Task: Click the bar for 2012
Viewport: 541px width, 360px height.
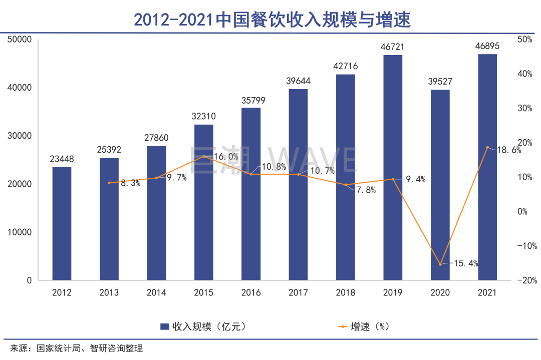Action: click(62, 223)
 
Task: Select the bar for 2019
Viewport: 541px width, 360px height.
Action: click(393, 167)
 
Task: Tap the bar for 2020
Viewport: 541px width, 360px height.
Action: click(440, 185)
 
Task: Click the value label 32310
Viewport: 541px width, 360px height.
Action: click(203, 116)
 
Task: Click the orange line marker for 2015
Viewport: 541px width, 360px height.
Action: click(203, 157)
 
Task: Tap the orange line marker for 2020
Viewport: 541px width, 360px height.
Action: click(440, 264)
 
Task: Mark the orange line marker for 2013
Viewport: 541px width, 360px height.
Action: click(109, 183)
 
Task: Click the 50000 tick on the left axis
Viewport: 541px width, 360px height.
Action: click(20, 40)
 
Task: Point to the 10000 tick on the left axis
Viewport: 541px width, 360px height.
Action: click(20, 232)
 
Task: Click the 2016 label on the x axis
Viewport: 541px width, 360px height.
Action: click(251, 292)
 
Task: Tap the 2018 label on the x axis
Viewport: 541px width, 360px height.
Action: click(346, 292)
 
